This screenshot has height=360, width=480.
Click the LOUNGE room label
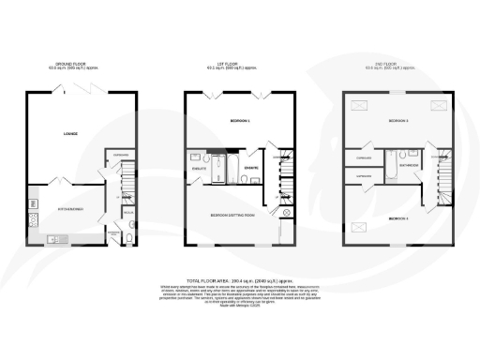pyautogui.click(x=69, y=135)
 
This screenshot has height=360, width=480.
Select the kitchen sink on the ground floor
pyautogui.click(x=53, y=240)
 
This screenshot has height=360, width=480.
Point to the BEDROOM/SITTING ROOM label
pyautogui.click(x=228, y=217)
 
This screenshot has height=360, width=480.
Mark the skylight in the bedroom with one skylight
pyautogui.click(x=357, y=226)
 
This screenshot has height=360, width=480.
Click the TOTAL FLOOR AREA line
pyautogui.click(x=240, y=280)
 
